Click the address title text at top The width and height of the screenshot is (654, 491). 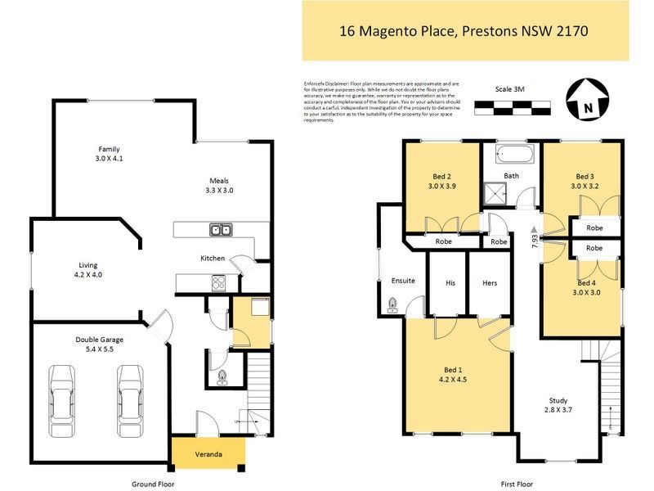[464, 31]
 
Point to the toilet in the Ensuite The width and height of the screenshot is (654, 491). [392, 305]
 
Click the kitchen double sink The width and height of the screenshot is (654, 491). [219, 230]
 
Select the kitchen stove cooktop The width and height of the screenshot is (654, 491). [220, 283]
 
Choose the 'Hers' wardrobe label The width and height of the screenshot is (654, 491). [490, 282]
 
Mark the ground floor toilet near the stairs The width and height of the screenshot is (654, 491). [222, 378]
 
